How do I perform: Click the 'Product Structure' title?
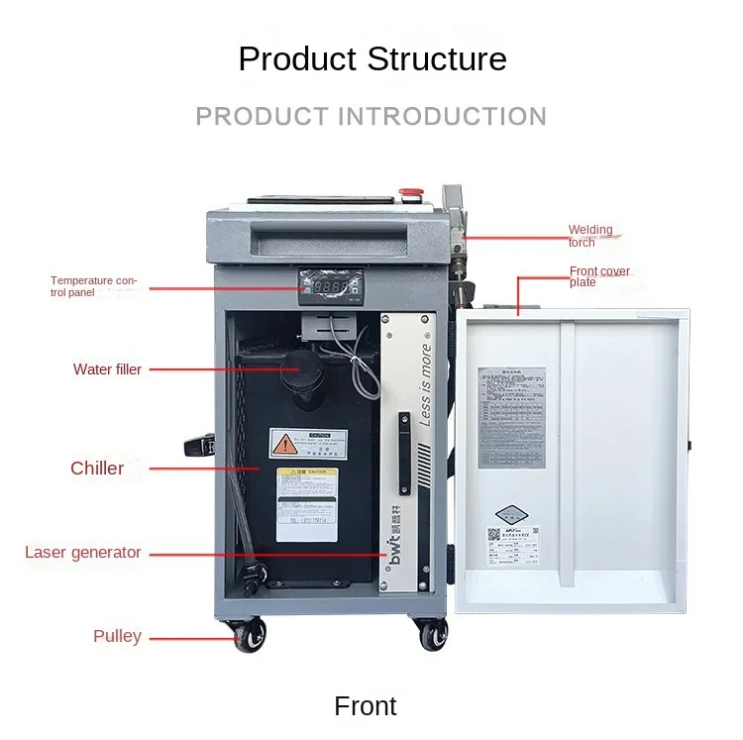point(371,58)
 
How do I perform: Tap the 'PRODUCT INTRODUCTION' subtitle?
point(371,117)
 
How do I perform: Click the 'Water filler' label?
point(107,370)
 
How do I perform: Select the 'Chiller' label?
point(97,468)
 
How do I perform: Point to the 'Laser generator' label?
point(83,553)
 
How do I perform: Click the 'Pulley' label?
point(117,636)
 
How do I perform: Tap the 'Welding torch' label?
point(590,236)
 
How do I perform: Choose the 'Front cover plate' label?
point(599,276)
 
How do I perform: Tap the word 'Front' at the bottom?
point(366,706)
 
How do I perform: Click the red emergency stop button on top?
point(405,192)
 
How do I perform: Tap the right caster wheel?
point(432,634)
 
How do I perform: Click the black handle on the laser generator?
point(402,434)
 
